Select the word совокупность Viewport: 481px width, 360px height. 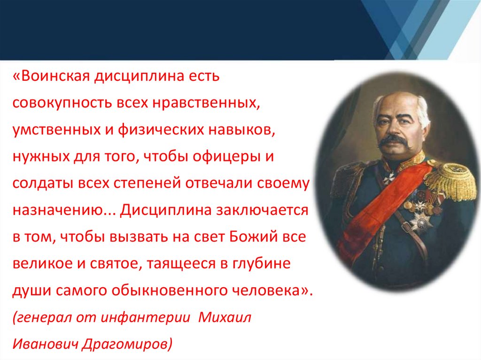(62, 103)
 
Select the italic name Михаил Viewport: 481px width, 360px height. (225, 317)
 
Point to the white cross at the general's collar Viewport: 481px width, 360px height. (390, 176)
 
